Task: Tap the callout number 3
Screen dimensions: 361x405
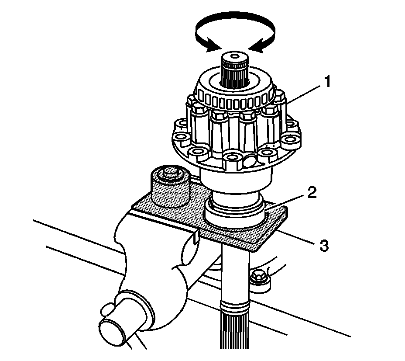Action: [323, 246]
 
